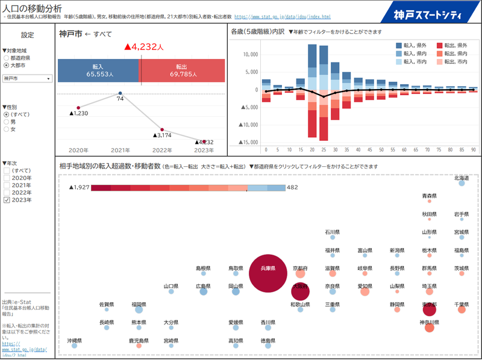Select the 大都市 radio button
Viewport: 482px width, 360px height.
click(6, 65)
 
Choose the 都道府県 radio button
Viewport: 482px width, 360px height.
click(6, 58)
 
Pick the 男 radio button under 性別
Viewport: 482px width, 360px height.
click(6, 122)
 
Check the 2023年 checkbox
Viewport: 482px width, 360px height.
click(7, 200)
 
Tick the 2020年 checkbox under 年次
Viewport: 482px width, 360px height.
click(7, 178)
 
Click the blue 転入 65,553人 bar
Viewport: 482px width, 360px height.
click(98, 71)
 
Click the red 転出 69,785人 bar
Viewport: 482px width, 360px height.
click(183, 71)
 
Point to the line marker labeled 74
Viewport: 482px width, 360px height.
click(120, 93)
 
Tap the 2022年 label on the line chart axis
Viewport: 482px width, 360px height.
click(162, 150)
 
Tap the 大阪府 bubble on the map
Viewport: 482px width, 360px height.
click(299, 291)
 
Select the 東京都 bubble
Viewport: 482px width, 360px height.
click(429, 309)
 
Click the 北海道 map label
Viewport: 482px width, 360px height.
click(462, 178)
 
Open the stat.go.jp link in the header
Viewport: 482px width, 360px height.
click(282, 17)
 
